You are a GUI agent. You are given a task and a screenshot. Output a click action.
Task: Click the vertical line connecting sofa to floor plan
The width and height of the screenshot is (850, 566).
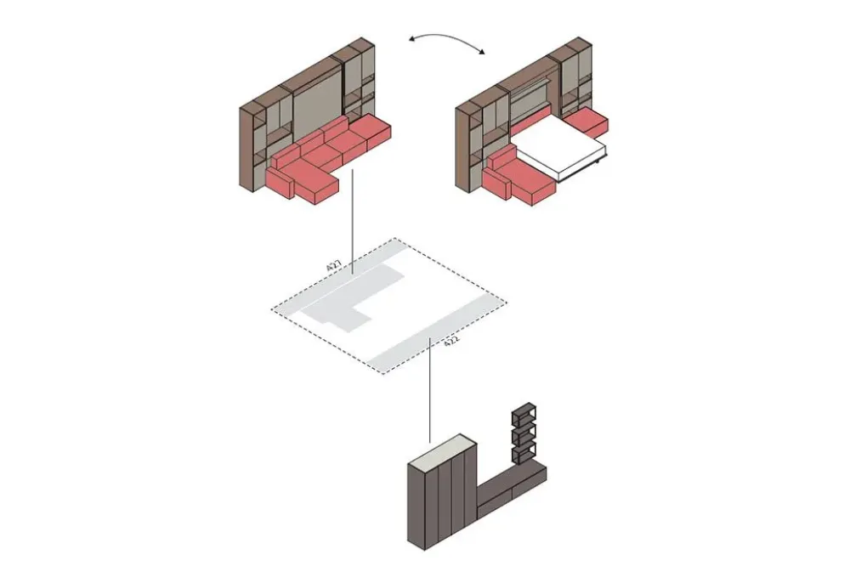pos(353,221)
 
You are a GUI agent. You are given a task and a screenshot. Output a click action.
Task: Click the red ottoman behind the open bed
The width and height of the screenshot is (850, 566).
pos(592,122)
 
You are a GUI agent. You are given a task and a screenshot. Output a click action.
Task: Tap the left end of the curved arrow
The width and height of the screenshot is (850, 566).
pos(411,38)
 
